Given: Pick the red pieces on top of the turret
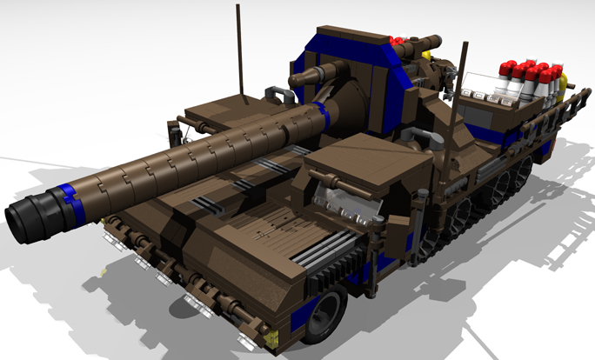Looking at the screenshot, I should tap(399, 41).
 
